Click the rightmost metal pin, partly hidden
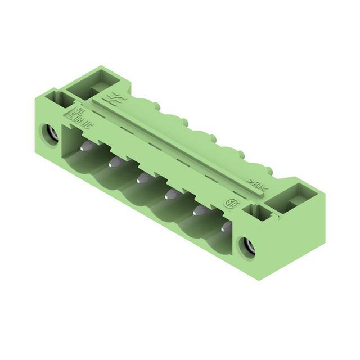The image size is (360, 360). pos(227,227)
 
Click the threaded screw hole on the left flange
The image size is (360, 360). pos(49,134)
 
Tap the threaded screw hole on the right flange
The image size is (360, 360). pos(247,246)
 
